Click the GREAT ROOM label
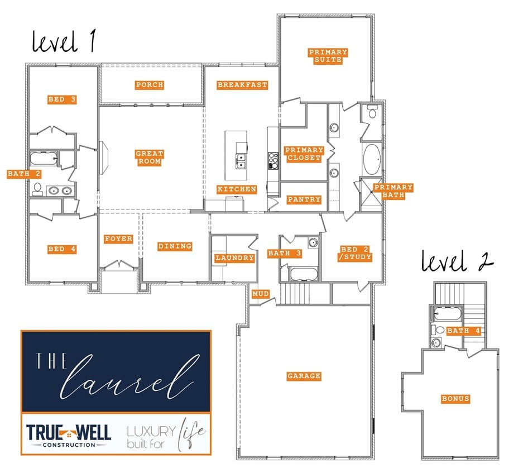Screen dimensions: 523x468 pos(149,157)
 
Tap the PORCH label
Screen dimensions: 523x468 pos(150,85)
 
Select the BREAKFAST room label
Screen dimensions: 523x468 pos(242,85)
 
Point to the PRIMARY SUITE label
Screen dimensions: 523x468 pos(328,56)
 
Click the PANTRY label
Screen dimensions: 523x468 pos(304,199)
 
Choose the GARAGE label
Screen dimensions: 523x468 pos(304,376)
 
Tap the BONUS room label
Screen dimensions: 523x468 pos(455,399)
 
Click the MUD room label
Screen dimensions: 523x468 pos(261,294)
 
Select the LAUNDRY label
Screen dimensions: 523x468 pos(234,257)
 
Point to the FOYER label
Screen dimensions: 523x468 pos(118,238)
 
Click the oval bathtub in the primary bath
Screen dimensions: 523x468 pos(372,160)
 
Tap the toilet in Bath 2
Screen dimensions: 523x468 pos(37,189)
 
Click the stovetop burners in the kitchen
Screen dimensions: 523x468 pos(273,161)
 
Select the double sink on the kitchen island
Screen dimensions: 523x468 pos(241,161)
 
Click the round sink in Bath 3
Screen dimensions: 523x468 pos(313,242)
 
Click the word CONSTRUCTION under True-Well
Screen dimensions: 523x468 pos(69,445)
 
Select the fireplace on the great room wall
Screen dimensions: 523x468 pos(104,157)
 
